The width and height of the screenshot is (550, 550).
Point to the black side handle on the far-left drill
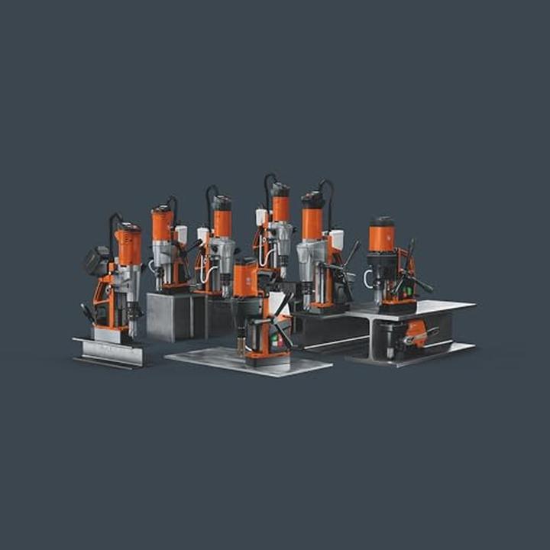(x=89, y=312)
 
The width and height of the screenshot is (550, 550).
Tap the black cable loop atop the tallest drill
(x=268, y=182)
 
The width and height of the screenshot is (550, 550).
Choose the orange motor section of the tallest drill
(x=281, y=206)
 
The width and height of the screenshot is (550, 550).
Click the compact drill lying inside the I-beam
(x=412, y=332)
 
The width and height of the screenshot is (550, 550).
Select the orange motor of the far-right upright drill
(x=381, y=237)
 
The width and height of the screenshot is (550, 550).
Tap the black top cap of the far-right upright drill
(x=381, y=221)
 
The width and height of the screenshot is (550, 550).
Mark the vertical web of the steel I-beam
(x=372, y=336)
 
